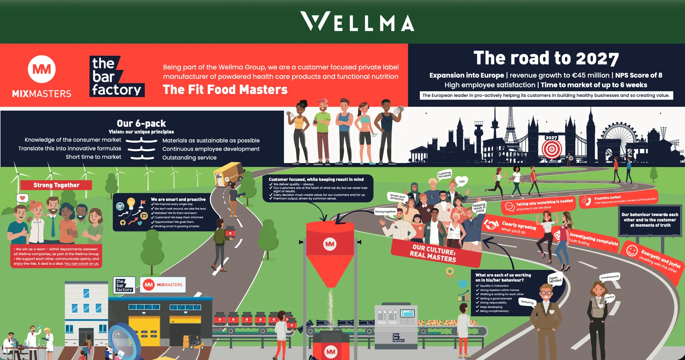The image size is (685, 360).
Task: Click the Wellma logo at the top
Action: click(357, 22)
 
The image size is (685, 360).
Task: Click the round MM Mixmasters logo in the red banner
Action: click(41, 69)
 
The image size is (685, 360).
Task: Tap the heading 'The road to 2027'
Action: click(546, 58)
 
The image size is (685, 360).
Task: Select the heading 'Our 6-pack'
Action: click(141, 123)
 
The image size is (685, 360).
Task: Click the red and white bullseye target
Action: click(552, 149)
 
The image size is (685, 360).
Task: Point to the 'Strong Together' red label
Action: click(56, 185)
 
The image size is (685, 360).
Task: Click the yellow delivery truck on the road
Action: click(229, 174)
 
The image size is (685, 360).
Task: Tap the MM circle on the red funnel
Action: click(330, 244)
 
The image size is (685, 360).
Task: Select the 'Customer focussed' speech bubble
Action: click(445, 174)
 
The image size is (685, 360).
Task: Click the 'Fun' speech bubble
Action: click(462, 182)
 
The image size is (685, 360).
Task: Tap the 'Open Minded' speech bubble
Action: click(555, 279)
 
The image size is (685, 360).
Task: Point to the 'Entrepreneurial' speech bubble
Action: click(610, 277)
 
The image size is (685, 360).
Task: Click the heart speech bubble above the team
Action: click(23, 198)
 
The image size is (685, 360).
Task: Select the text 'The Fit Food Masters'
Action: click(225, 90)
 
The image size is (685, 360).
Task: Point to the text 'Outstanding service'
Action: click(189, 158)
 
